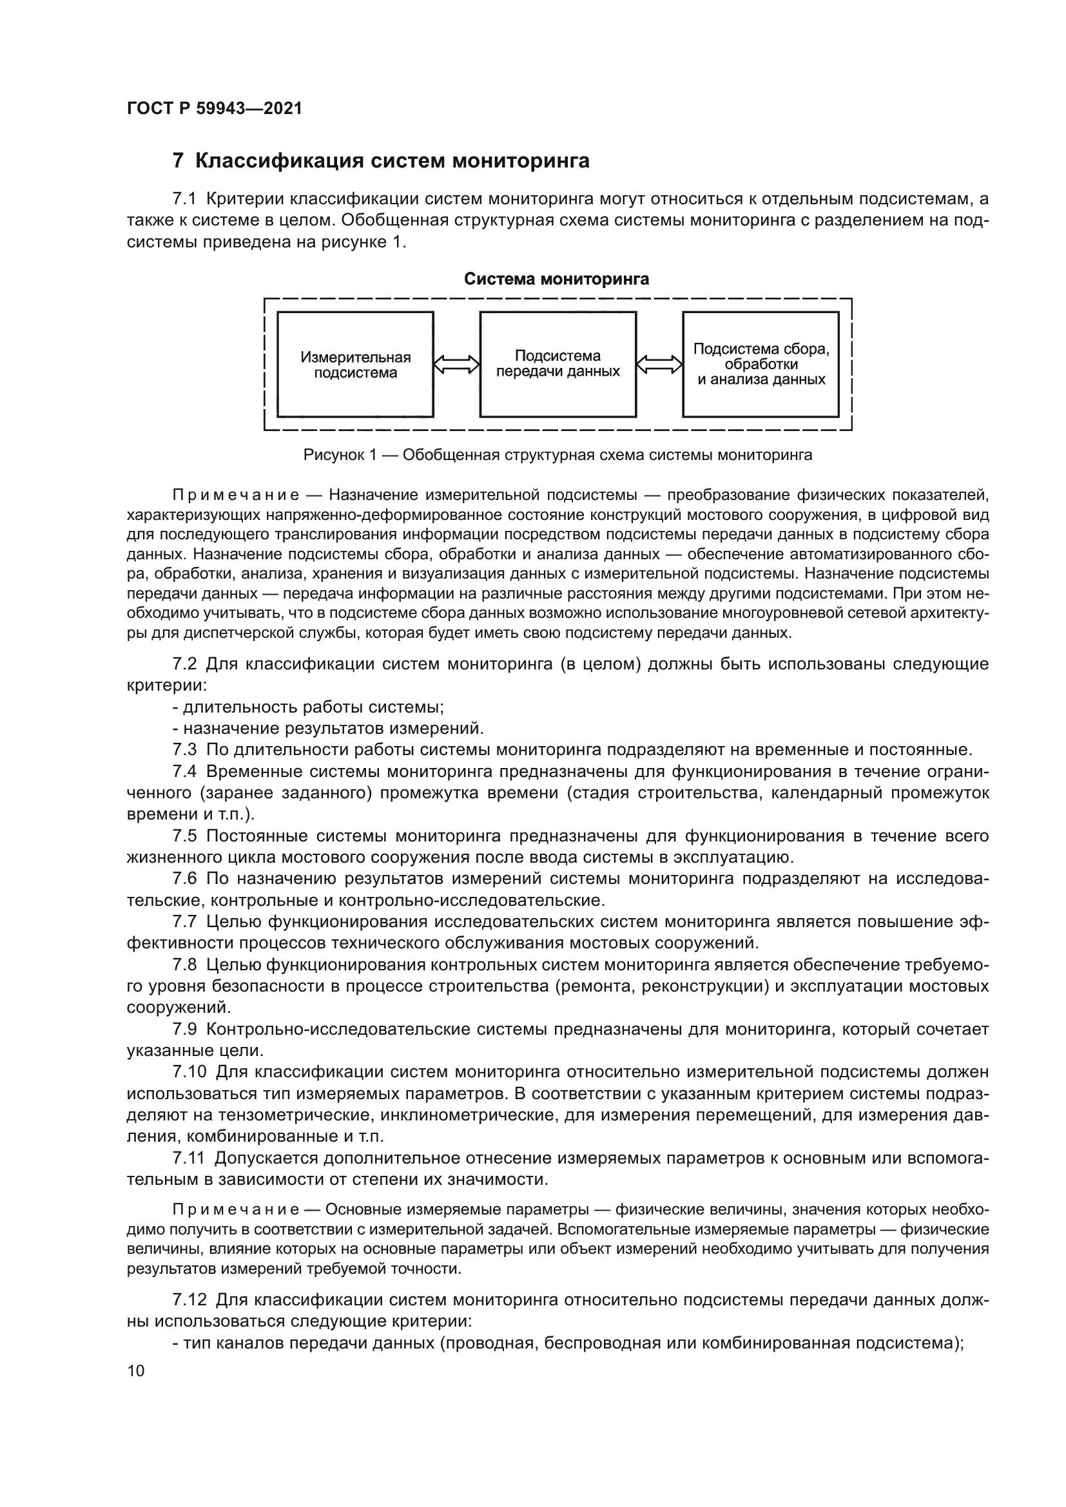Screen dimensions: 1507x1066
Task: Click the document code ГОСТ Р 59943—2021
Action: tap(214, 109)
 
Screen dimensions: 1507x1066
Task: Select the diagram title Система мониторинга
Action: tap(557, 279)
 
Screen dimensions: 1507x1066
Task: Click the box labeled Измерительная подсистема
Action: tap(355, 364)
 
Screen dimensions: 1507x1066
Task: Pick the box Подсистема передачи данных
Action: tap(557, 364)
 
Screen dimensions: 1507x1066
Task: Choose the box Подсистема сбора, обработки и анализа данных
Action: tap(761, 364)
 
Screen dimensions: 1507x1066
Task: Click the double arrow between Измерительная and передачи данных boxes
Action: tap(457, 364)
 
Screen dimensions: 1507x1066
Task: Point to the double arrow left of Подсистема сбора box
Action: tap(660, 364)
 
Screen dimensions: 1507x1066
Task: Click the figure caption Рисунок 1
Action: tap(557, 455)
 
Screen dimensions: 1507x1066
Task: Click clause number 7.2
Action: tap(184, 664)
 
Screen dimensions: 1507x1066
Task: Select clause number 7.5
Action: tap(184, 836)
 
